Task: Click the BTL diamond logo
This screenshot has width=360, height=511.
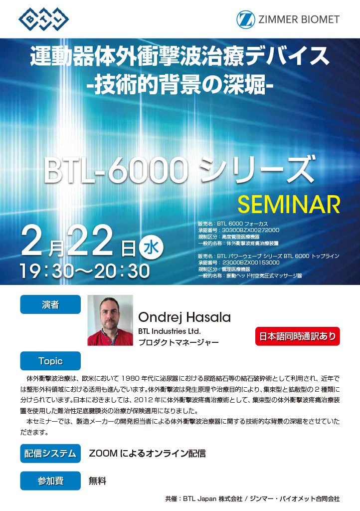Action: click(x=43, y=19)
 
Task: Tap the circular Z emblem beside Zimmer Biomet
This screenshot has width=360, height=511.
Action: click(x=246, y=19)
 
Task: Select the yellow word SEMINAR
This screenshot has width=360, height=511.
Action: click(x=289, y=204)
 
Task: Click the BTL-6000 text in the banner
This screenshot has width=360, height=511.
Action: click(x=116, y=171)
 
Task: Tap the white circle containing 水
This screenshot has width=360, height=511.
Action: click(x=151, y=248)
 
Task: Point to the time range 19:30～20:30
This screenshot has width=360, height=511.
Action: click(x=85, y=271)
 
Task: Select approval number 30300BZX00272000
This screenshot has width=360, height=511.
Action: click(x=251, y=230)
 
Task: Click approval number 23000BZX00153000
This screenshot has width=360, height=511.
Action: click(x=251, y=262)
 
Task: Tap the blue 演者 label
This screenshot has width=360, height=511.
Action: click(x=50, y=304)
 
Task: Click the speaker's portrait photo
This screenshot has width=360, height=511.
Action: click(x=110, y=320)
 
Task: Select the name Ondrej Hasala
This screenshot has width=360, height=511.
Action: click(x=184, y=317)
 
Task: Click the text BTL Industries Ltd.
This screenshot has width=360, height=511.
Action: click(x=170, y=331)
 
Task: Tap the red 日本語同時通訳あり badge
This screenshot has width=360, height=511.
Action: click(x=298, y=336)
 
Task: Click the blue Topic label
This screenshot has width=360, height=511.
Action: click(x=50, y=361)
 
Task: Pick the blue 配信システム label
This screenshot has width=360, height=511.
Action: click(x=50, y=453)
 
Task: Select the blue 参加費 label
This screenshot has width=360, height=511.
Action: click(x=50, y=481)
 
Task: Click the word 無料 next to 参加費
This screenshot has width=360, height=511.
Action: click(x=98, y=481)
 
